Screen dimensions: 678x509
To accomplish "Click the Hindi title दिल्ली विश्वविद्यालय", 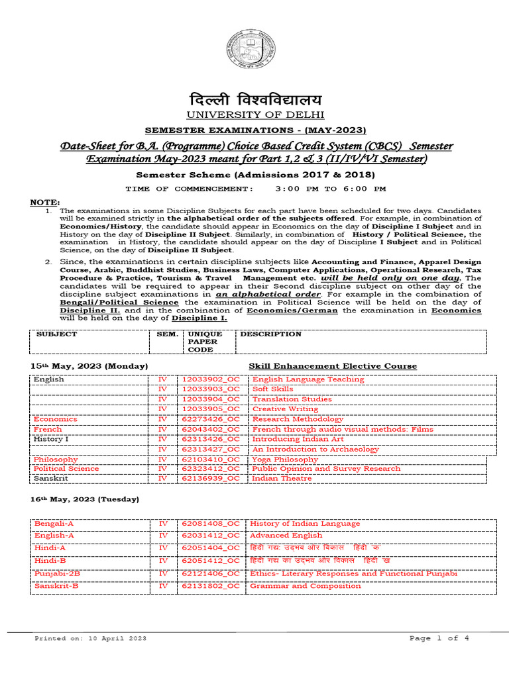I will pyautogui.click(x=255, y=101).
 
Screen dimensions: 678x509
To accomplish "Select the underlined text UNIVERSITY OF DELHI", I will pyautogui.click(x=255, y=115).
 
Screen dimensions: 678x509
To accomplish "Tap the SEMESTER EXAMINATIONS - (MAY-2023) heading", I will pyautogui.click(x=255, y=130).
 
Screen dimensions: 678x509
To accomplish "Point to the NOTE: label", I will pyautogui.click(x=44, y=201).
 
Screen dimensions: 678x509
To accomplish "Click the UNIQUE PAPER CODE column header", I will pyautogui.click(x=201, y=342).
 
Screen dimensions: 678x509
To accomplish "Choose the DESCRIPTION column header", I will pyautogui.click(x=270, y=334).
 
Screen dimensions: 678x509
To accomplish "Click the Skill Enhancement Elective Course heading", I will pyautogui.click(x=333, y=365).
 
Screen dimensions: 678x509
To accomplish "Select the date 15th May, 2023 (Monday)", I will pyautogui.click(x=89, y=365).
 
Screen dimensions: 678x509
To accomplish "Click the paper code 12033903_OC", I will pyautogui.click(x=211, y=389).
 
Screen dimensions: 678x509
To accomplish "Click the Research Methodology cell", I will pyautogui.click(x=294, y=419).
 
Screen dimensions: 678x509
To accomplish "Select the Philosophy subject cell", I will pyautogui.click(x=56, y=459).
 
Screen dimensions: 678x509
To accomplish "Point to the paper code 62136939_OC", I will pyautogui.click(x=211, y=478).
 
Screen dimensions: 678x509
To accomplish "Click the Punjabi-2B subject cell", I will pyautogui.click(x=58, y=573).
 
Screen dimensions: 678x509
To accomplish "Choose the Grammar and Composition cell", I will pyautogui.click(x=305, y=585).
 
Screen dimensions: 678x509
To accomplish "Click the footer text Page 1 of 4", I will pyautogui.click(x=439, y=638).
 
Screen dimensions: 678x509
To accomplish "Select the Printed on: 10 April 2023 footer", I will pyautogui.click(x=90, y=638).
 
